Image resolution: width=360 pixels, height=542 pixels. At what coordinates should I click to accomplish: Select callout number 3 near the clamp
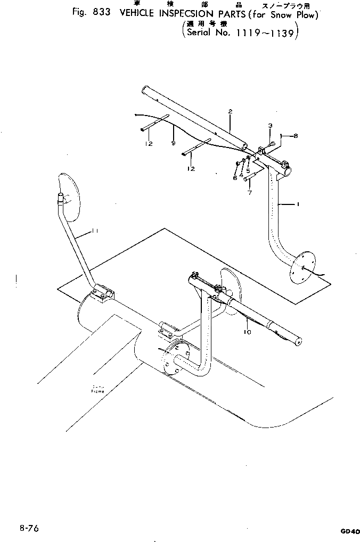(x=270, y=125)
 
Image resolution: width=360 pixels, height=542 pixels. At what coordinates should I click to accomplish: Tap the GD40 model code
(x=348, y=531)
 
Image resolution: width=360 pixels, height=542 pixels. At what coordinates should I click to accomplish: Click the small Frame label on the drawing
(x=97, y=390)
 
